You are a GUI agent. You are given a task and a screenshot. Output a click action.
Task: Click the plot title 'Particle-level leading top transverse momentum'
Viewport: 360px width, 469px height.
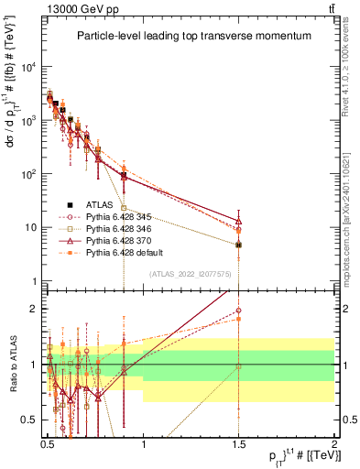pos(193,36)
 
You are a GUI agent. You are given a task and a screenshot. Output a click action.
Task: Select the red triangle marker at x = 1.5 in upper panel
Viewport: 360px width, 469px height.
pos(239,221)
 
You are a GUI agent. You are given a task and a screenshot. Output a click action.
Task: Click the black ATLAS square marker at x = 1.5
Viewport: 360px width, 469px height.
pos(239,245)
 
